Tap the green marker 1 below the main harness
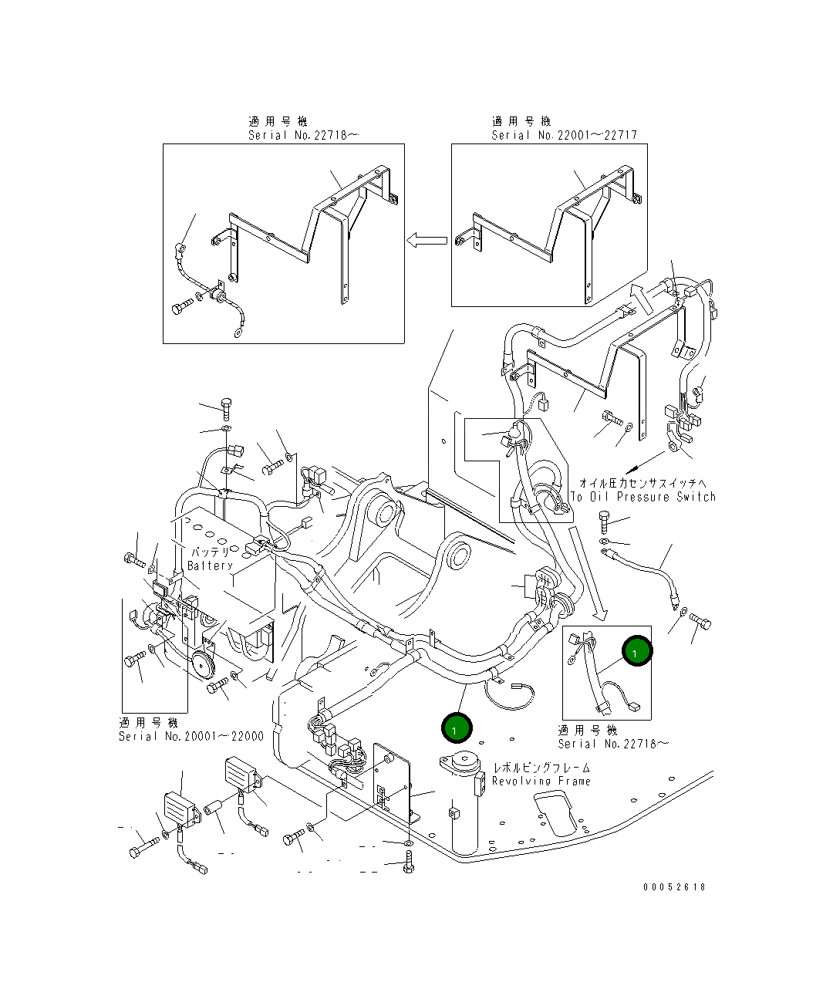pos(456,727)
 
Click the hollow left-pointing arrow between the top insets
pos(427,240)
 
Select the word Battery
pos(210,565)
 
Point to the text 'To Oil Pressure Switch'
pos(643,497)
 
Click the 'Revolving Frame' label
pos(541,781)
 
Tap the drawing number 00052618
pos(674,886)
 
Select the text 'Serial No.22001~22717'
pos(565,135)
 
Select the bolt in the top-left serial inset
pos(183,307)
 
